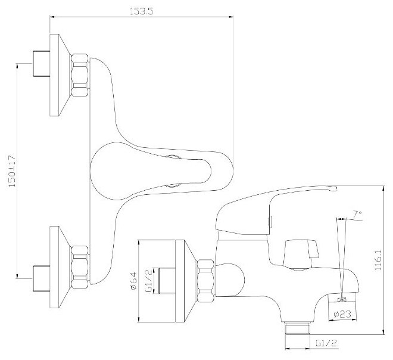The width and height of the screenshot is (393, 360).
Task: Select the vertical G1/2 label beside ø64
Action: pos(155,280)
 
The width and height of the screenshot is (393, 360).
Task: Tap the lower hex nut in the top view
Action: pos(79,262)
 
